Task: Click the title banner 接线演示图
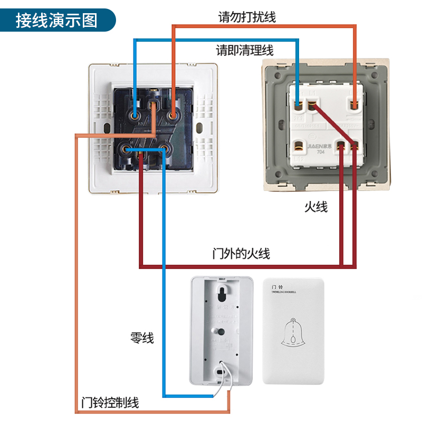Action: click(x=56, y=20)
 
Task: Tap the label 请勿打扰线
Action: click(x=247, y=17)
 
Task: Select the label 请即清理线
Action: click(x=245, y=51)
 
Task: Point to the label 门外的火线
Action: click(x=241, y=254)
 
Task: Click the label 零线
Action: click(x=142, y=338)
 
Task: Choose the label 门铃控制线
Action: click(x=110, y=403)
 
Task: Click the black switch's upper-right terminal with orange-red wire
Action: click(x=172, y=113)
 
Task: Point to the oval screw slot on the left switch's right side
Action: click(x=199, y=128)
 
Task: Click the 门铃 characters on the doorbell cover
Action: click(x=277, y=285)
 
